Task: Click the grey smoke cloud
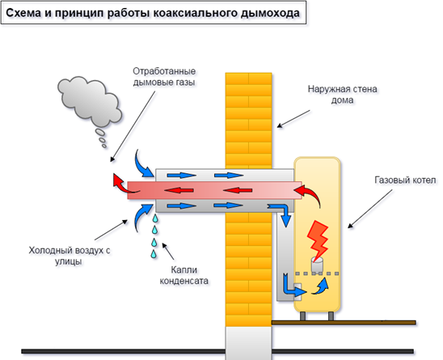(x=90, y=101)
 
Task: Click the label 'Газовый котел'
(x=405, y=180)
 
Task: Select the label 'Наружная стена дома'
(x=342, y=95)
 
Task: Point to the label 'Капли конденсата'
(x=184, y=275)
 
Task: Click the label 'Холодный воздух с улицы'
(x=70, y=256)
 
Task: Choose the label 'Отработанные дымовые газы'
(x=164, y=77)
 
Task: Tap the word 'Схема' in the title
(x=23, y=13)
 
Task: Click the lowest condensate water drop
(x=154, y=254)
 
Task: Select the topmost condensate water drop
(x=155, y=218)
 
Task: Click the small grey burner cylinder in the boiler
(x=317, y=264)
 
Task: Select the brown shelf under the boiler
(x=344, y=323)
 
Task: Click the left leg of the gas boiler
(x=302, y=316)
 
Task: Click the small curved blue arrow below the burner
(x=321, y=286)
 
